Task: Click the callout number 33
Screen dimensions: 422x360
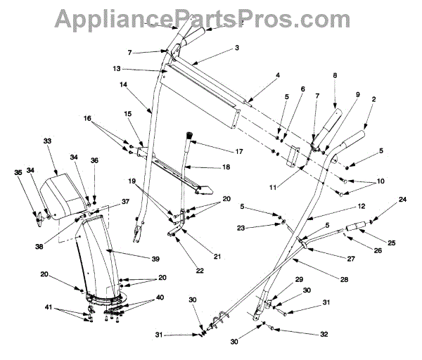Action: point(48,141)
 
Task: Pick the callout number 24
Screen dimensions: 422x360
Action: point(403,200)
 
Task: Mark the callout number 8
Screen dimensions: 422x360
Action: point(335,75)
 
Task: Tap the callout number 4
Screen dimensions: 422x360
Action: point(278,75)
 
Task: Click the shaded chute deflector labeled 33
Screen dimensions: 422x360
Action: point(65,188)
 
